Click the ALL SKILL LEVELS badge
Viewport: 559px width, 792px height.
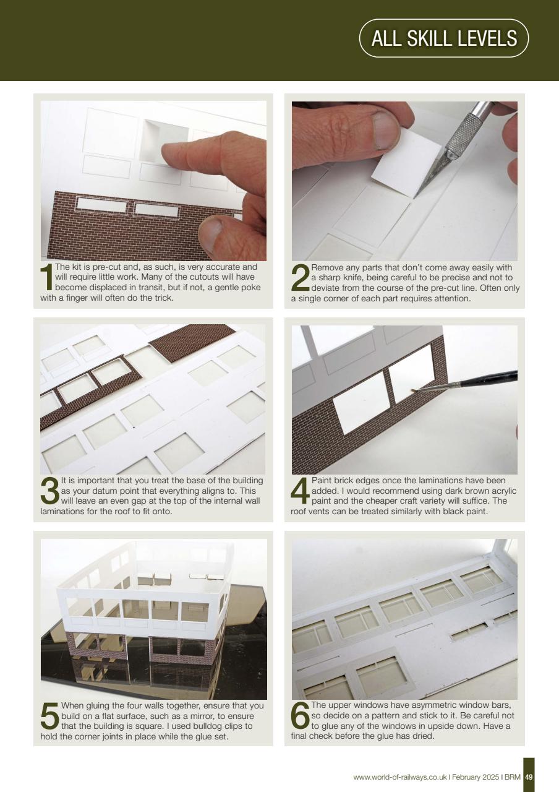[443, 38]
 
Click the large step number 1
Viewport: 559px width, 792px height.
[46, 277]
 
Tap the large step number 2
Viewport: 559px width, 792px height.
[299, 278]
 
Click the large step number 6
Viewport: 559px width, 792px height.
[300, 716]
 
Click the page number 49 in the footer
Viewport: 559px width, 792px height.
[529, 777]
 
